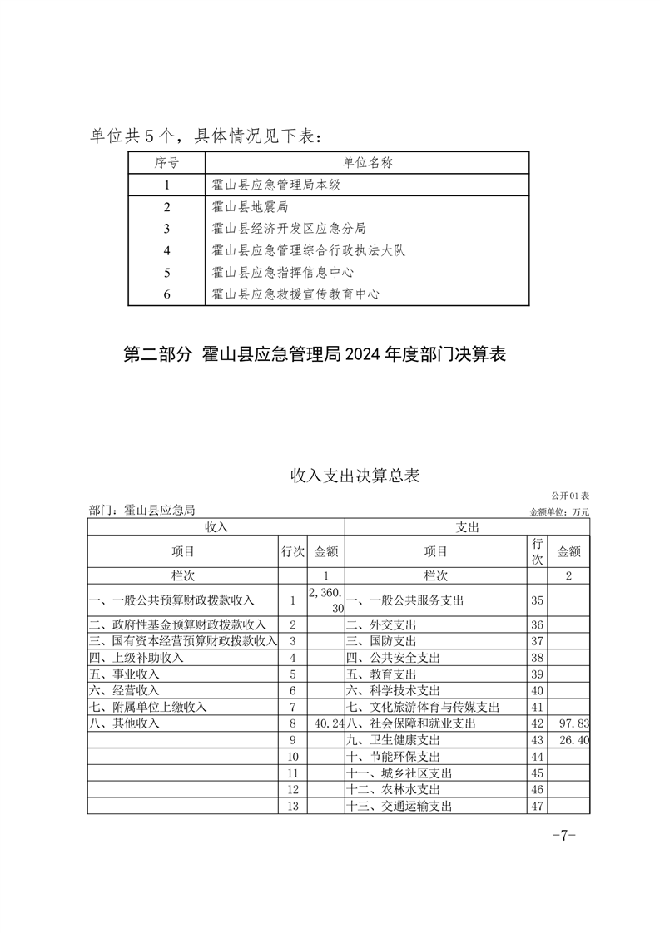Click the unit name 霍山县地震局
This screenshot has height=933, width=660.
click(x=250, y=206)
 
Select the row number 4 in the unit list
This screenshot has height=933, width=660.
click(x=167, y=250)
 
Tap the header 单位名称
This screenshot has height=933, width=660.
click(x=367, y=162)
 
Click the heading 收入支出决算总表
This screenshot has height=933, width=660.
click(x=355, y=476)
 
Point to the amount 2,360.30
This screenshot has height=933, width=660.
click(x=325, y=600)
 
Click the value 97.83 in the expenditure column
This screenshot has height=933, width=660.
click(x=575, y=724)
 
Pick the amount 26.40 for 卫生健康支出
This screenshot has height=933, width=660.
click(x=575, y=740)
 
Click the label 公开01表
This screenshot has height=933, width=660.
click(x=570, y=496)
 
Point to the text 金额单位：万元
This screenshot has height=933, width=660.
click(x=559, y=512)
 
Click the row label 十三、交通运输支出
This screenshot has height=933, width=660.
click(x=399, y=806)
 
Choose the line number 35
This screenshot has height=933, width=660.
click(x=536, y=600)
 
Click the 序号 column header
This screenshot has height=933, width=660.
click(x=167, y=162)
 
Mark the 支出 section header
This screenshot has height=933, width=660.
click(x=467, y=527)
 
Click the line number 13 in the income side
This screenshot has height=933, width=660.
click(x=292, y=806)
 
